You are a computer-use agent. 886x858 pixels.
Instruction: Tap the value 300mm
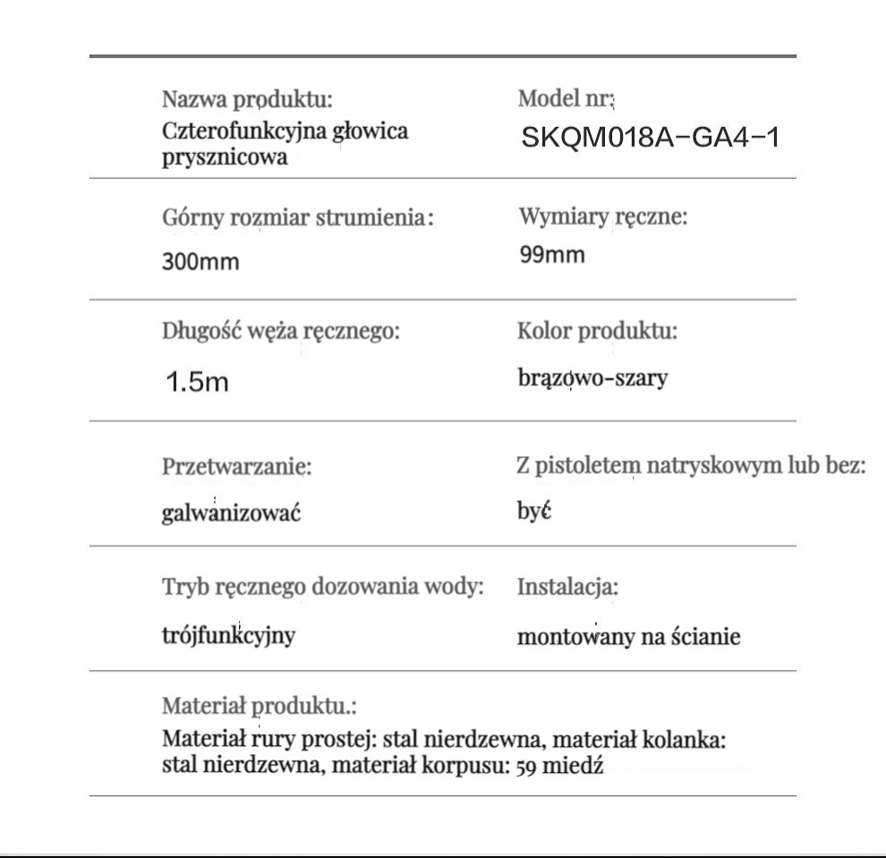point(201,263)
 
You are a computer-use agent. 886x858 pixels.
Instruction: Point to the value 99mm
point(552,256)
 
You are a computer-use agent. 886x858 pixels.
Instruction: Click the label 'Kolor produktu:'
point(597,331)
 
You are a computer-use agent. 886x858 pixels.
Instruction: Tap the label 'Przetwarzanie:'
point(237,467)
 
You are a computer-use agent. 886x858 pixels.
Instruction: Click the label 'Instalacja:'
point(568,588)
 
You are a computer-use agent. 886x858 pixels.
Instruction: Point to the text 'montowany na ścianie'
point(629,639)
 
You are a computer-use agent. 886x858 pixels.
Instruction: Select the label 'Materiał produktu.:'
point(260,706)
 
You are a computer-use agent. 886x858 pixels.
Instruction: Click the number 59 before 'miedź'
point(527,766)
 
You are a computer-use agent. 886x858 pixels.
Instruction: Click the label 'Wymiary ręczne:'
point(602,217)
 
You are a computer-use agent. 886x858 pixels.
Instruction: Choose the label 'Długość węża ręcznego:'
point(280,331)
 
